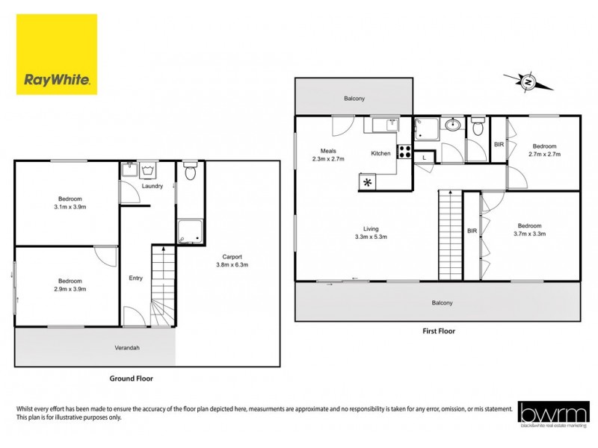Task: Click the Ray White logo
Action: coord(58,55)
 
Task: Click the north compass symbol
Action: coord(528,81)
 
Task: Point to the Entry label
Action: coord(135,279)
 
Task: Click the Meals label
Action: coord(328,151)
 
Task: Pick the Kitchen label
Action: coord(381,154)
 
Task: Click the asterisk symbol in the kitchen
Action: coord(368,182)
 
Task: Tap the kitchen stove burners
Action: coord(404,152)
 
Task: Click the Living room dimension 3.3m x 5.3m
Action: coord(371,237)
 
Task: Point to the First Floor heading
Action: coord(437,331)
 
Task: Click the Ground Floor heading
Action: coord(131,379)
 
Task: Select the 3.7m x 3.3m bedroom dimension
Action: coord(528,234)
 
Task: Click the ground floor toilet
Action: coord(190,171)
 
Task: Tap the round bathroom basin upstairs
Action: coord(452,125)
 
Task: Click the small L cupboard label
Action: coord(424,158)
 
